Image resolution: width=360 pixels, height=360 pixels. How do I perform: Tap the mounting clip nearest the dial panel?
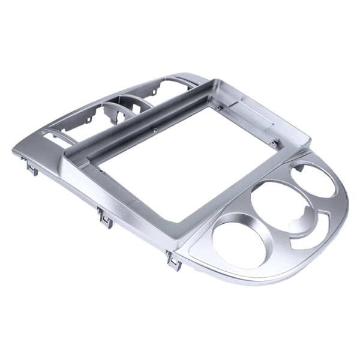point(174,260)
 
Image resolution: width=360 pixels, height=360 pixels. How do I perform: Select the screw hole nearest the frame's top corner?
point(220,108)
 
